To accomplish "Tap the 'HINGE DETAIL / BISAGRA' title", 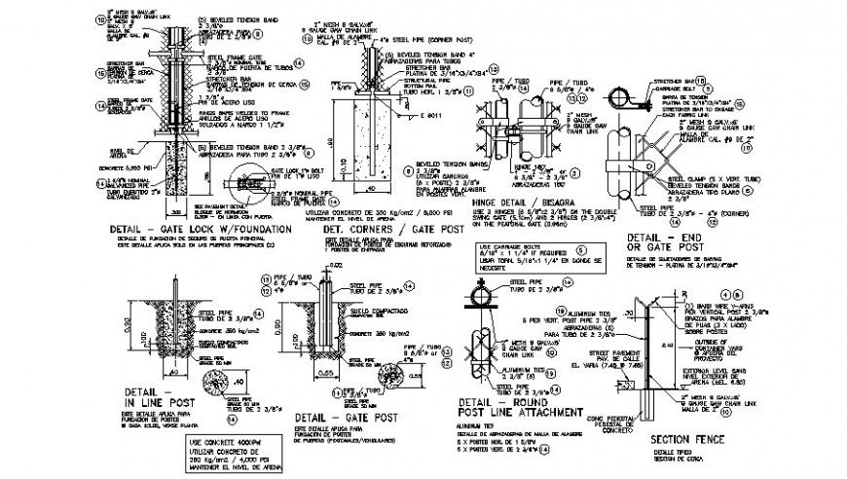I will [x=520, y=197].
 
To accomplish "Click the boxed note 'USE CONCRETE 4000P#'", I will [x=218, y=441].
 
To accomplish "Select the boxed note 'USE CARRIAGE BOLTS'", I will [x=507, y=249].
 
